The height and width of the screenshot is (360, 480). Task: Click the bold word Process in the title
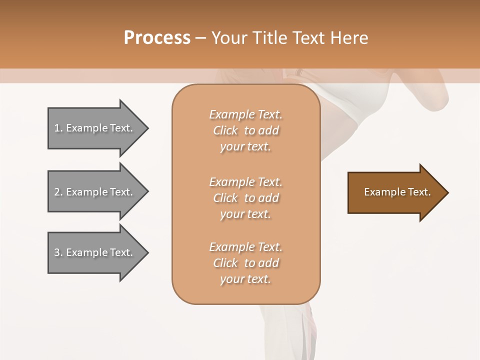tap(157, 38)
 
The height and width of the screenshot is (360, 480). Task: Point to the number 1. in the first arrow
tap(58, 128)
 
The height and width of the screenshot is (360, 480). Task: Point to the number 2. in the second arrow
tap(58, 192)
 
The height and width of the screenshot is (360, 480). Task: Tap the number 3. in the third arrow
tap(58, 252)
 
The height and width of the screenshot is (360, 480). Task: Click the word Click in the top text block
tap(225, 130)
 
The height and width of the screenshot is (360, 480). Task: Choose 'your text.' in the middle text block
tap(245, 214)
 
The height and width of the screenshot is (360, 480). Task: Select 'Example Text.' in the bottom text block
tap(245, 247)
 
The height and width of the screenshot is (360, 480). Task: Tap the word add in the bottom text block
tap(268, 263)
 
